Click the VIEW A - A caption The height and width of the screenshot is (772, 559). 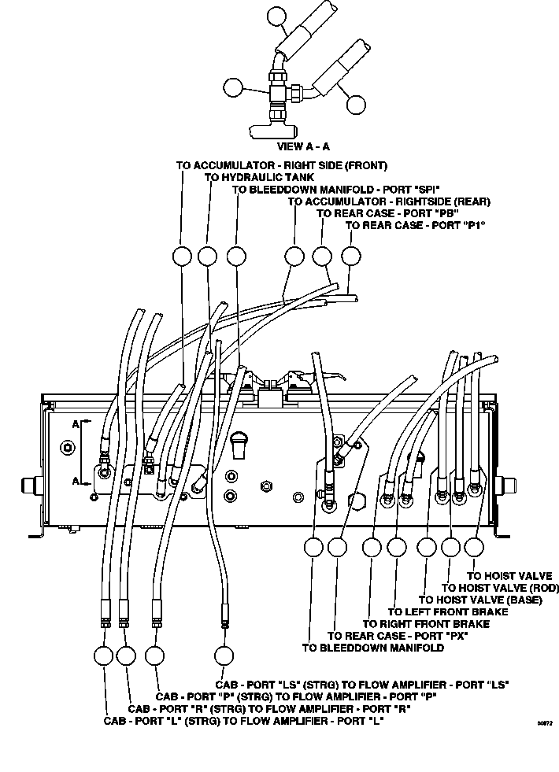coord(303,146)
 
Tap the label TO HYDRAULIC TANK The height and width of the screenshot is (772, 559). coord(259,177)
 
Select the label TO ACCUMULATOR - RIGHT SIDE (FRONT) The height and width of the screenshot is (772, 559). coord(282,165)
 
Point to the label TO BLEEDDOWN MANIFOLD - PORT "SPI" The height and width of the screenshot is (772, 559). coord(336,190)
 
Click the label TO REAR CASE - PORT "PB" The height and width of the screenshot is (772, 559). coord(387,214)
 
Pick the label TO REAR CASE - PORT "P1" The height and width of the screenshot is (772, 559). coord(416,226)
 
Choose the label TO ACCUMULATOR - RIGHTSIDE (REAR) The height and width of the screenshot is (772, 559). coord(389,201)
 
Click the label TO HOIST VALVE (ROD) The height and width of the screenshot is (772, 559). coord(501,588)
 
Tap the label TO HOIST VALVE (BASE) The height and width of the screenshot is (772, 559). coord(480,600)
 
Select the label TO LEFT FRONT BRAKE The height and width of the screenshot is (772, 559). coord(448,612)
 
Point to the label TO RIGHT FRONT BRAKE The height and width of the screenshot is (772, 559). coord(427,624)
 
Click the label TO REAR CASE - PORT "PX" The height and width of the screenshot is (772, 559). coord(398,636)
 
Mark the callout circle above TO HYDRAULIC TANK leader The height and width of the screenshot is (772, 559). coord(207,256)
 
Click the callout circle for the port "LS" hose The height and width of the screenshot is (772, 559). coord(224,656)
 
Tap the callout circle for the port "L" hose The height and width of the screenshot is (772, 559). coord(103,656)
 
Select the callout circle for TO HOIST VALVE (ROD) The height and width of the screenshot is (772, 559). coord(450,546)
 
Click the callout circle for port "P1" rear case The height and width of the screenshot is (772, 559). coord(350,256)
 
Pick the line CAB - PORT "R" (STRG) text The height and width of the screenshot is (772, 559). coord(269,709)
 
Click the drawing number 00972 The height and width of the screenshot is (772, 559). coord(545,723)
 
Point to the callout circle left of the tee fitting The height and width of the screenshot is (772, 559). coord(233,87)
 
